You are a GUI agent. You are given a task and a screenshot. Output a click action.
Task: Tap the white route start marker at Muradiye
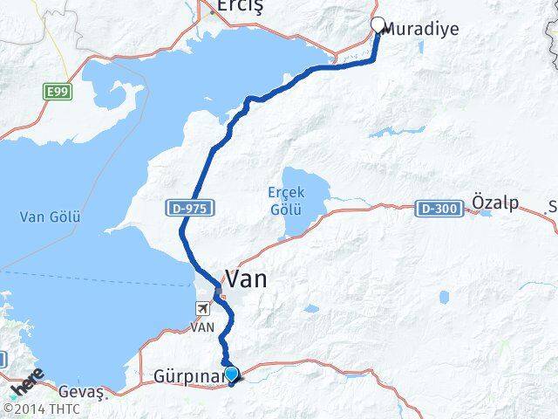378,25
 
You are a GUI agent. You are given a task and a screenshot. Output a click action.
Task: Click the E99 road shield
58,90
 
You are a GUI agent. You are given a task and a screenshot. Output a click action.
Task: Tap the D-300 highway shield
436,209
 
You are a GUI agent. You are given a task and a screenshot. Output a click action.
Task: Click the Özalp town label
495,203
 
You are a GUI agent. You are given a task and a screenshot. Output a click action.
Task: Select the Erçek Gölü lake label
285,201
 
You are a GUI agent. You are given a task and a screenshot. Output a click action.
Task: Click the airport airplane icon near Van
203,308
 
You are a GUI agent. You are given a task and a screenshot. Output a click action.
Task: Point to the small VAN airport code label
202,326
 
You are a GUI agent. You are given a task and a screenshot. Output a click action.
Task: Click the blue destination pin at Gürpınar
231,375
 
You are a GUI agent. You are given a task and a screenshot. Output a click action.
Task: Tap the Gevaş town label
80,393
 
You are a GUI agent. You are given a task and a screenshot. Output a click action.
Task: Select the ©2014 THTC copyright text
42,409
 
